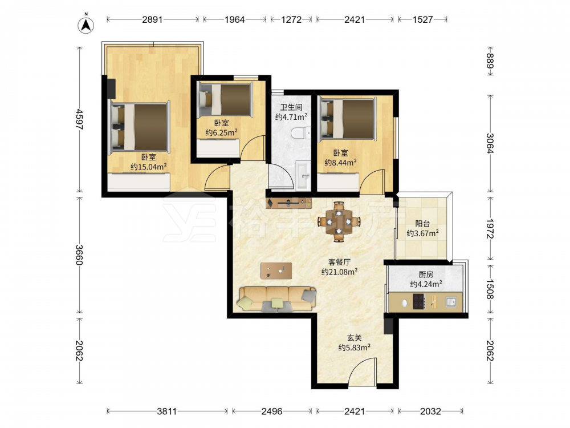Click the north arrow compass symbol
86,25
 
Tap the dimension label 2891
152,19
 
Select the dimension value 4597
79,119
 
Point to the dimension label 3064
490,143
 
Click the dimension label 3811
167,411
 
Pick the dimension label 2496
272,411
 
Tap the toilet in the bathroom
301,133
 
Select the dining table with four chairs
339,221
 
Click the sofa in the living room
276,299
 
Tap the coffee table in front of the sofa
276,270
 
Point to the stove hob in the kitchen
419,302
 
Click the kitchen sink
451,302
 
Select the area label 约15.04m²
149,167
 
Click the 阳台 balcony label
422,224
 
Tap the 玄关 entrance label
355,338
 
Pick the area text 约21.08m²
340,272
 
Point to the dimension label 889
490,61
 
